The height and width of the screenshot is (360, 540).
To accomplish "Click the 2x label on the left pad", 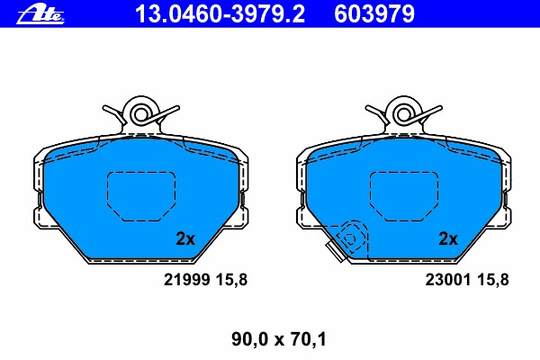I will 184,238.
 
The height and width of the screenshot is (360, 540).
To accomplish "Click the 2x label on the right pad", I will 447,238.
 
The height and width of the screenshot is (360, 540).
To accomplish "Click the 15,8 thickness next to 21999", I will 231,280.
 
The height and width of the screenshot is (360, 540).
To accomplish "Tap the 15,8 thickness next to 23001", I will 493,280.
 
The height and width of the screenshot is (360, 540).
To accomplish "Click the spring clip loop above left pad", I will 139,112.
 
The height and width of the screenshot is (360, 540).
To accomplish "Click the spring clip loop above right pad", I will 402,112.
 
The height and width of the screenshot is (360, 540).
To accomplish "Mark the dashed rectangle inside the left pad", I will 139,195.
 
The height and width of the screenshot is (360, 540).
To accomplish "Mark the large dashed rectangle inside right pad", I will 402,195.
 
